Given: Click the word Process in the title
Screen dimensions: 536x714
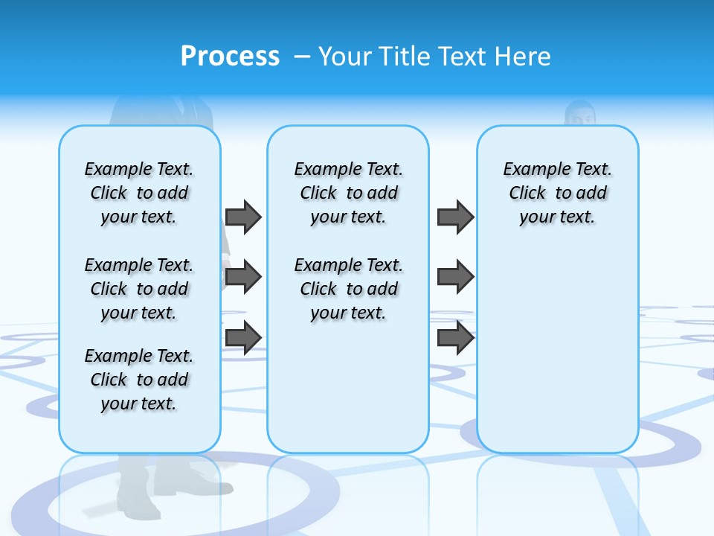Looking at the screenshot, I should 230,57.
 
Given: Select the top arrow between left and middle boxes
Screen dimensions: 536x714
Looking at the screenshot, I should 243,217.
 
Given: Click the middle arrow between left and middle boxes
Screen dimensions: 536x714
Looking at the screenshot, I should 243,278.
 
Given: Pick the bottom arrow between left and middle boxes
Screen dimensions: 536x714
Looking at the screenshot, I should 243,337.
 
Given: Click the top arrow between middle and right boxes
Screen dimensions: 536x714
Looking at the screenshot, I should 455,217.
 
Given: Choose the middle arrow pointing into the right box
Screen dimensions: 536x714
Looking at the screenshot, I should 455,278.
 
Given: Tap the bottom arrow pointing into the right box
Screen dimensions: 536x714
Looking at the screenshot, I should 455,337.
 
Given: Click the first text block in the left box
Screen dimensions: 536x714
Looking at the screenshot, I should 139,193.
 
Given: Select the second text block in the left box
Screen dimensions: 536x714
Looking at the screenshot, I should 139,289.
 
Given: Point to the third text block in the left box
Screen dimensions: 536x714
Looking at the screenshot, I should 139,380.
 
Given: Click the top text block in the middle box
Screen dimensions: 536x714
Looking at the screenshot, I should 348,193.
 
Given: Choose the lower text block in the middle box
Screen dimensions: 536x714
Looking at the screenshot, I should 348,289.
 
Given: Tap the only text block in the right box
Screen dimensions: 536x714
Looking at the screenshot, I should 557,193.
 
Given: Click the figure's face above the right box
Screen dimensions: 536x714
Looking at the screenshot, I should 579,115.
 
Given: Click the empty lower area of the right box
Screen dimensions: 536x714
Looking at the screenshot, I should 557,350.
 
